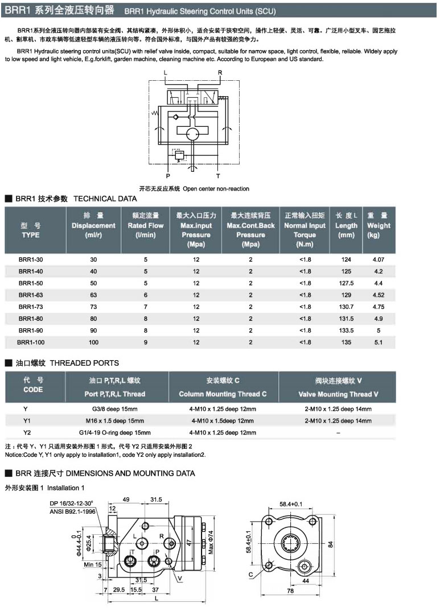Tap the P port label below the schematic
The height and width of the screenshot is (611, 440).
[x=168, y=176]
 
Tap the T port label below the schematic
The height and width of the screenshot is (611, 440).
[x=217, y=176]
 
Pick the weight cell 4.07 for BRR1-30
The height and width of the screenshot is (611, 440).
[x=379, y=259]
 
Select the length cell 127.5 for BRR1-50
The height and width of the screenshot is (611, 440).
[x=346, y=283]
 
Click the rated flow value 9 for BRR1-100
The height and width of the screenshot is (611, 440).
[x=145, y=342]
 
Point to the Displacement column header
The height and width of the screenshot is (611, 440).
[x=93, y=225]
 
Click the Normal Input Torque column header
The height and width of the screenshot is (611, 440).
[x=305, y=230]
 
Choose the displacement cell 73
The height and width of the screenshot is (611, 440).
[x=93, y=307]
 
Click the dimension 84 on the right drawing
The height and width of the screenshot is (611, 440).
[x=331, y=543]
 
